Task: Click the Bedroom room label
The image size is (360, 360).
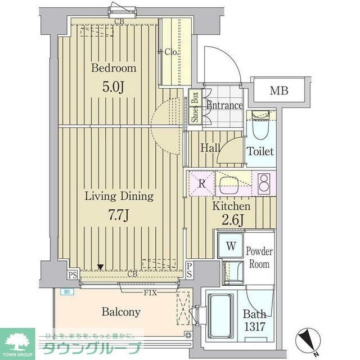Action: pyautogui.click(x=114, y=69)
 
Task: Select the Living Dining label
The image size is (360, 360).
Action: pyautogui.click(x=119, y=196)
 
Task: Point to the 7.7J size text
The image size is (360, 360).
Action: pyautogui.click(x=119, y=216)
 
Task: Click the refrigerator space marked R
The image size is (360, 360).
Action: pyautogui.click(x=200, y=183)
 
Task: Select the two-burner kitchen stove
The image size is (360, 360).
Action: pyautogui.click(x=263, y=183)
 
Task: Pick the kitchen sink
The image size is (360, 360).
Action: pyautogui.click(x=230, y=183)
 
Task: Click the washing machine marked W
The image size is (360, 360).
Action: pyautogui.click(x=231, y=245)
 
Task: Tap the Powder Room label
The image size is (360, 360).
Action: pyautogui.click(x=259, y=258)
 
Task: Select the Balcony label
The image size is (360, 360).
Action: pyautogui.click(x=121, y=312)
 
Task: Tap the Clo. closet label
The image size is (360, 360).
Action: pyautogui.click(x=171, y=52)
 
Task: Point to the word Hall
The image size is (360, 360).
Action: pyautogui.click(x=210, y=148)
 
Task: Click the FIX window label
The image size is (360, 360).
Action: pyautogui.click(x=150, y=293)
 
